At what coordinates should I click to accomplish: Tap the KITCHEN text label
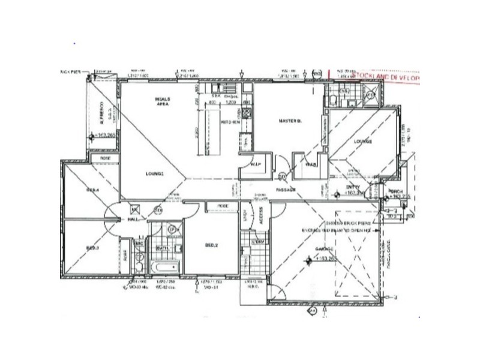tap(232, 122)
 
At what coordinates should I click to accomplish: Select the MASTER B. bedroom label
tap(290, 121)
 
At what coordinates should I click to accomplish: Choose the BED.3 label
tap(92, 247)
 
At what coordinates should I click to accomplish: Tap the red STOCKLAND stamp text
tap(386, 77)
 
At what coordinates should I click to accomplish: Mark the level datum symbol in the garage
tap(310, 260)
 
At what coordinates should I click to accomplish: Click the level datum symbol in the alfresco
tap(92, 137)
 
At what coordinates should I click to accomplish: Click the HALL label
tap(133, 220)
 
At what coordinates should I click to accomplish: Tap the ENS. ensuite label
tap(343, 91)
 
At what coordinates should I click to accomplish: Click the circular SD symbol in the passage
tap(282, 176)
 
